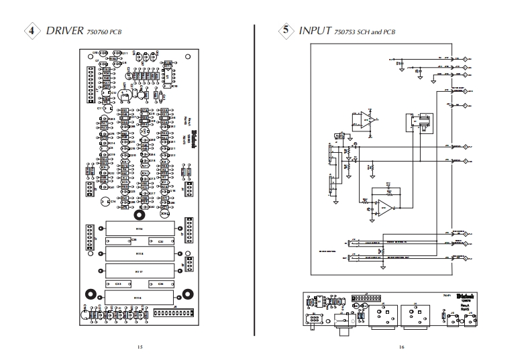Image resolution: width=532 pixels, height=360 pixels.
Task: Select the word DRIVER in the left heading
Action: click(65, 31)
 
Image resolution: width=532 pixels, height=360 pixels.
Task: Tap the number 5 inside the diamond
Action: click(287, 31)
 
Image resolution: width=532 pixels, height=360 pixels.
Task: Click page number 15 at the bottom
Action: click(140, 347)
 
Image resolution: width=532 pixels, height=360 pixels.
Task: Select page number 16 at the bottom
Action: click(401, 347)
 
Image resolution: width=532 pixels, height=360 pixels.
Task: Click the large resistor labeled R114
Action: click(140, 229)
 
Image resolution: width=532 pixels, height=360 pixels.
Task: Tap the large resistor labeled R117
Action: click(140, 271)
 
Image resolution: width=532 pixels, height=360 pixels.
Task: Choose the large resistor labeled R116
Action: click(138, 296)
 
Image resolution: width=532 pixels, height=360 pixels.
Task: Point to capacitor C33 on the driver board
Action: click(119, 284)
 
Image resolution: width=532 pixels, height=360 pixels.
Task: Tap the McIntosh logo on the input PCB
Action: click(467, 295)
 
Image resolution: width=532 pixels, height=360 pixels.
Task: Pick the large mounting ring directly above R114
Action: click(139, 216)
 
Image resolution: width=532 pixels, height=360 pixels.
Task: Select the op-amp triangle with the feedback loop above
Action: click(386, 207)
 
